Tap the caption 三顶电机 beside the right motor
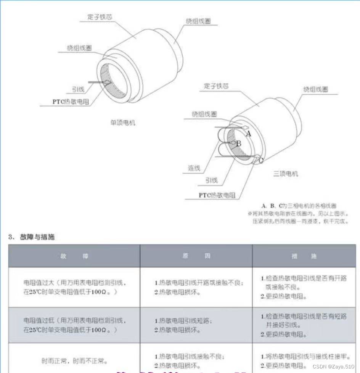click(286, 174)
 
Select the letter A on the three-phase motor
click(249, 134)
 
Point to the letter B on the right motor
click(239, 144)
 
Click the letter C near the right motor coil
click(261, 160)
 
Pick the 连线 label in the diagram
click(194, 168)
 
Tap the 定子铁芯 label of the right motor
click(216, 86)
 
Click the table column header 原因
click(196, 256)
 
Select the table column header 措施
click(304, 256)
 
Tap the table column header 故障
click(74, 256)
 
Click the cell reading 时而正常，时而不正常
click(74, 360)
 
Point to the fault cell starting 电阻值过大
click(74, 287)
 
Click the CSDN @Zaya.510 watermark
click(333, 366)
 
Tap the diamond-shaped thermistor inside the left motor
click(108, 82)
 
